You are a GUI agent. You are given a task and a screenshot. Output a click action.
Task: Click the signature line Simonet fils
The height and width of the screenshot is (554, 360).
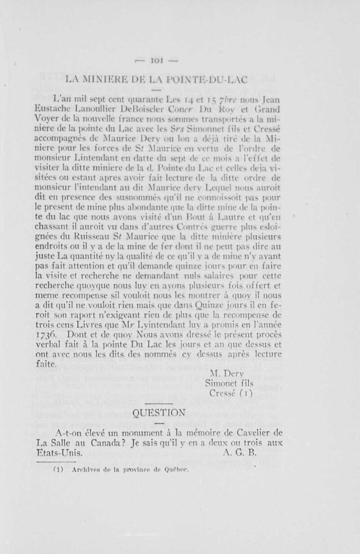pyautogui.click(x=229, y=383)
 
